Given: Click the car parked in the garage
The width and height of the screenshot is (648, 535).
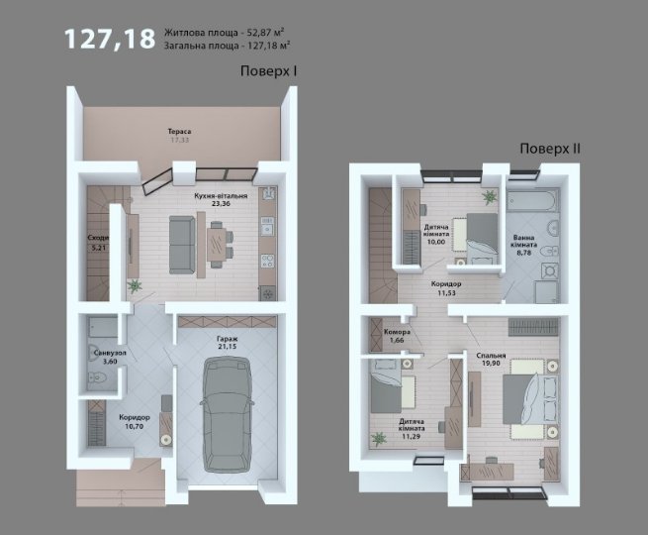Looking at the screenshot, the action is tap(226, 414).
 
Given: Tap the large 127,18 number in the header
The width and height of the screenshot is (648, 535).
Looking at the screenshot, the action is tap(110, 39).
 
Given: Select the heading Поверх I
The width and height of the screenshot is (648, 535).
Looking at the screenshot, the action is tap(269, 71).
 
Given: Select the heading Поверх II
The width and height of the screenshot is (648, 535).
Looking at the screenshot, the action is tap(550, 149).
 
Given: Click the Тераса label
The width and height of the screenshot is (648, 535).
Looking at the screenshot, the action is tap(179, 132).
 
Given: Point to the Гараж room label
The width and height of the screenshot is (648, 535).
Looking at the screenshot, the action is tap(228, 339).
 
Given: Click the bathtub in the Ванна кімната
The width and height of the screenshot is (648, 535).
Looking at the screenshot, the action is tap(533, 201).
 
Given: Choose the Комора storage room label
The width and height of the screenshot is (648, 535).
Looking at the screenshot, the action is tap(397, 332).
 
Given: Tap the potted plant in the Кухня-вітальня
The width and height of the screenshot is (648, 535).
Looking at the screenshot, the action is tap(134, 285).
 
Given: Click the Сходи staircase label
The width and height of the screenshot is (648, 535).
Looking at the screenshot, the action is tap(98, 238).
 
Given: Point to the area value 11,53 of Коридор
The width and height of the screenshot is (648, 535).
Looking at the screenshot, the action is tap(446, 293).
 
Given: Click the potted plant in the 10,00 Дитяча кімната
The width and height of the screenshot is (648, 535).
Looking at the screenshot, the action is tap(489, 197).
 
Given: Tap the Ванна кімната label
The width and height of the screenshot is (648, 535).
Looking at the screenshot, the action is tap(524, 241).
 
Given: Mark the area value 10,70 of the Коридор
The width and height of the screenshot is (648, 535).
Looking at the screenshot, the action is tap(135, 426).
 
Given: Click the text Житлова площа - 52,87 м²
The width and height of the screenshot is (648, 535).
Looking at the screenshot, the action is tap(224, 32).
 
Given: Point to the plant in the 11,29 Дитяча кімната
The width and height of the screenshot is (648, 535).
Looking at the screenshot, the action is tap(378, 439).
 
